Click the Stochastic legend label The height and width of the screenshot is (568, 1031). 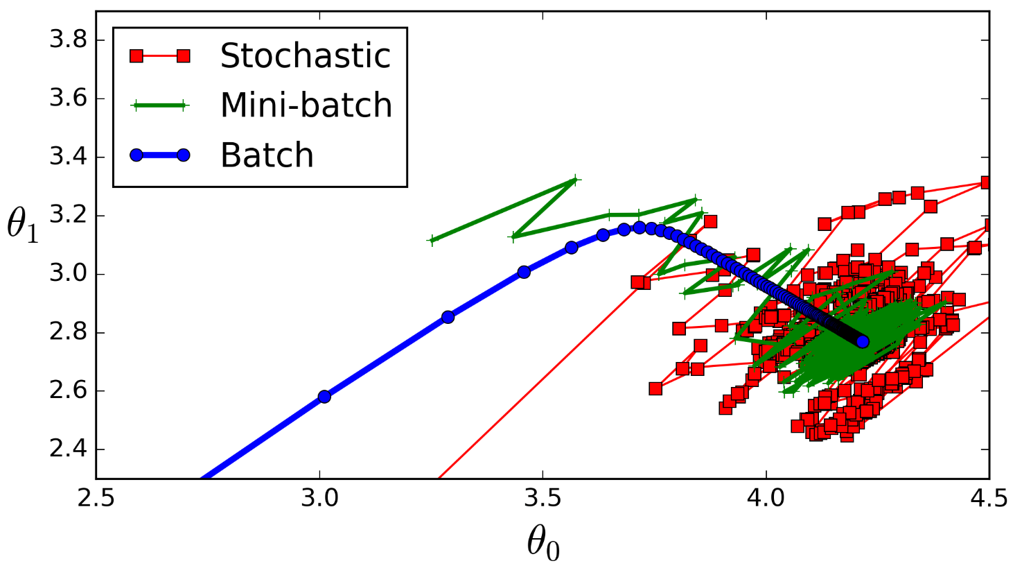click(x=306, y=55)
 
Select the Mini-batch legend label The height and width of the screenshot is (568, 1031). click(x=306, y=105)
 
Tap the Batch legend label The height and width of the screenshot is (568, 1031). click(x=267, y=155)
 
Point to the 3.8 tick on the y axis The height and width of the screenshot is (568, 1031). click(x=67, y=40)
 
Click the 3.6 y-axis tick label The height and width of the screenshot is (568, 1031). click(x=67, y=98)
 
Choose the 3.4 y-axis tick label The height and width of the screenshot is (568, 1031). click(x=67, y=157)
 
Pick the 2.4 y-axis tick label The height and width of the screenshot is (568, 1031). click(x=67, y=449)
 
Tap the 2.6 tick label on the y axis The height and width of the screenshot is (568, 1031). click(x=67, y=391)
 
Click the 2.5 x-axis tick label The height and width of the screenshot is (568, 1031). click(x=96, y=499)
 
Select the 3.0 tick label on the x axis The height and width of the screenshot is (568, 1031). click(x=319, y=499)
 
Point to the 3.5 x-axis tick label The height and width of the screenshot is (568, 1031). click(x=543, y=499)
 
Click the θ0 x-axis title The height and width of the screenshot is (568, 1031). click(x=543, y=543)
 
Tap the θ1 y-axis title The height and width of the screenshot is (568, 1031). click(x=23, y=225)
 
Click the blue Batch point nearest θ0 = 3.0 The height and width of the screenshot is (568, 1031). click(x=324, y=397)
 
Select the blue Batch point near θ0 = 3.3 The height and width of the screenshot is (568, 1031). click(x=448, y=317)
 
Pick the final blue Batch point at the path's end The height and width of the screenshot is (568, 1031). click(x=863, y=342)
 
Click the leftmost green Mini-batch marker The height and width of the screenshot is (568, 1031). click(x=433, y=241)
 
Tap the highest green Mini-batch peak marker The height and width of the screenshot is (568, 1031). click(x=573, y=180)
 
